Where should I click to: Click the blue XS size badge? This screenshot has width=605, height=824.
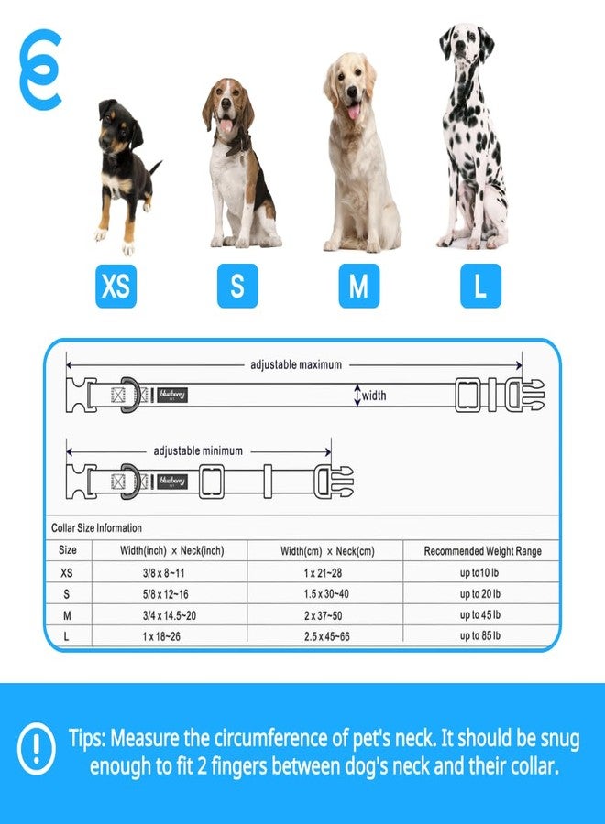coord(115,286)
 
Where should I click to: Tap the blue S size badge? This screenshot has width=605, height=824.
coord(237,286)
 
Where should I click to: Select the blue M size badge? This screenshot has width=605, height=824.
coord(358,286)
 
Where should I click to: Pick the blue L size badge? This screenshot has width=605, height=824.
coord(480,286)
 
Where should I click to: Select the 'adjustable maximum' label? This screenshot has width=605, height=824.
coord(296,364)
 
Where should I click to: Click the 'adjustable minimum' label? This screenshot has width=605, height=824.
coord(198,450)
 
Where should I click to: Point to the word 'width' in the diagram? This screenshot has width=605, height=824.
coord(374,396)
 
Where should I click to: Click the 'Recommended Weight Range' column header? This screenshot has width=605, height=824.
coord(482,551)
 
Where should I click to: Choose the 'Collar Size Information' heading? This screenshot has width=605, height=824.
coord(96,528)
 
